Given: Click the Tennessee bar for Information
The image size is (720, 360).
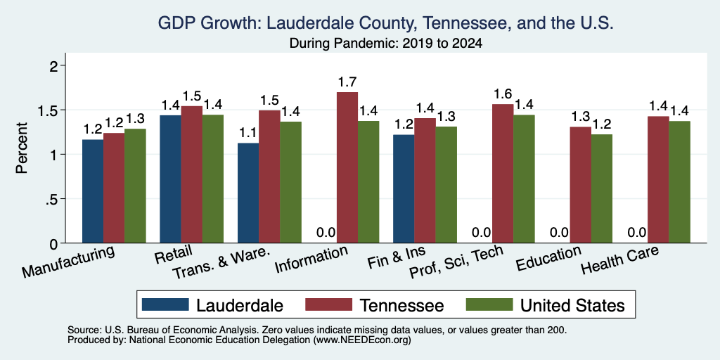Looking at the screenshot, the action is [347, 167].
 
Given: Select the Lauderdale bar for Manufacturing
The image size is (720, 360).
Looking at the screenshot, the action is [92, 191].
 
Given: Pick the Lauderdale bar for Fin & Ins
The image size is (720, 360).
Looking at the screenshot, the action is [404, 188].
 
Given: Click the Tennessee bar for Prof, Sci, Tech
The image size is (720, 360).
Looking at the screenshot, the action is [503, 174].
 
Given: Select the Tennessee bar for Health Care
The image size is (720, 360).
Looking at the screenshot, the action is [658, 179].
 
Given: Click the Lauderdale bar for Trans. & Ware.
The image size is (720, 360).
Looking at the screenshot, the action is [248, 193].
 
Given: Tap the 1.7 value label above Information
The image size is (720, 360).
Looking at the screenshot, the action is [347, 82].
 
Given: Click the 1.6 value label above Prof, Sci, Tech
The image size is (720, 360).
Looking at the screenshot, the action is [503, 94].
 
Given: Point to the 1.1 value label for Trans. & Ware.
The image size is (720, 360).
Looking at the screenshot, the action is [248, 133].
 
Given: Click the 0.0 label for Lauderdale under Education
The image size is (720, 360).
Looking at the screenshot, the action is [560, 233].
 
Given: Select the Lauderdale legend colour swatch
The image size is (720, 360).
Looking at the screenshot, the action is [165, 304].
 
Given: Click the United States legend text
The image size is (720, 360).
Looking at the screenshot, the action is [572, 305].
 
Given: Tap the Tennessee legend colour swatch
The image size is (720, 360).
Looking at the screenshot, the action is [328, 304].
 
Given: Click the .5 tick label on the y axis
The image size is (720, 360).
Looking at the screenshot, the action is [55, 199].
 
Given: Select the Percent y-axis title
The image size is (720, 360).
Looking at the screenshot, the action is [22, 148].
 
